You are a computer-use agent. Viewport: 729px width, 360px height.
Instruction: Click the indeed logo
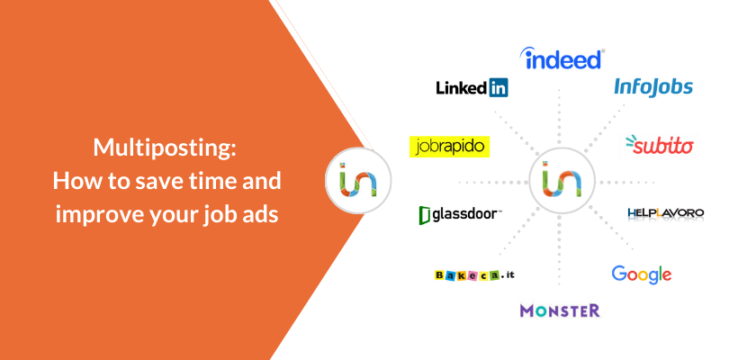click(562, 58)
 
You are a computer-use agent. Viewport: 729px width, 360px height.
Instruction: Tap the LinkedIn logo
click(472, 87)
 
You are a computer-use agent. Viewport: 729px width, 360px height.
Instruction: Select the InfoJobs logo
click(653, 87)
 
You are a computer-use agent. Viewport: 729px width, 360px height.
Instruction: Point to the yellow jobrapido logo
click(449, 147)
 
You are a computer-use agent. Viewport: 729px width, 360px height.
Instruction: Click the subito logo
click(660, 145)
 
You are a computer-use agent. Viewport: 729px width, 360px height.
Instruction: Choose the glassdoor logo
click(459, 215)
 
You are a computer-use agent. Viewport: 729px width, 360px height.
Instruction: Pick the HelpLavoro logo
click(665, 213)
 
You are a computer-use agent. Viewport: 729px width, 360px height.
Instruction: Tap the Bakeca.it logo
click(474, 274)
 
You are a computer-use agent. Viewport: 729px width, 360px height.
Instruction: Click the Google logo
click(641, 274)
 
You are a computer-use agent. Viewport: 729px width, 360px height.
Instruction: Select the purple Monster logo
click(560, 310)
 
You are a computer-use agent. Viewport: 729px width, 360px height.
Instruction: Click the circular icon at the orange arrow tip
click(358, 181)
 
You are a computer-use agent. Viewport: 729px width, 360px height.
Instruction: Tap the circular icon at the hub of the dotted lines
click(562, 181)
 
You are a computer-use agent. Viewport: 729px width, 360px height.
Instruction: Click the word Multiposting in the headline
click(165, 148)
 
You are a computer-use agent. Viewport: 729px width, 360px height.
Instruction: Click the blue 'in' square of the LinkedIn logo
click(499, 87)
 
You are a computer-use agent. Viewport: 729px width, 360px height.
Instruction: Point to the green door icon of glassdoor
click(424, 215)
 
